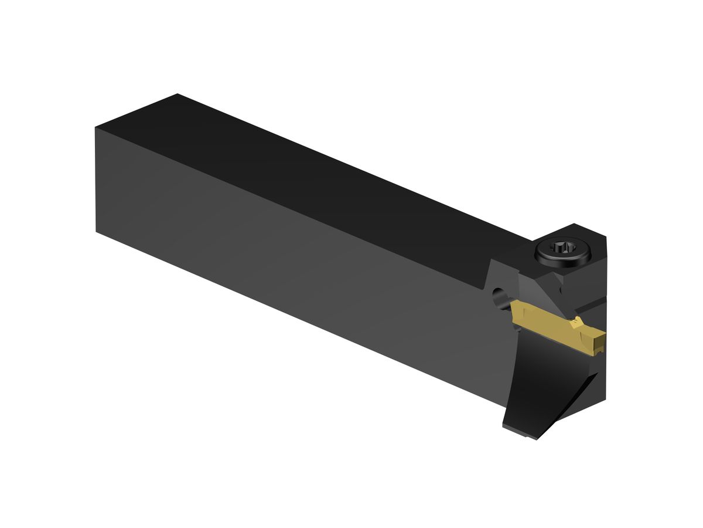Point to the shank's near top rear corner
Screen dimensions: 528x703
[96, 128]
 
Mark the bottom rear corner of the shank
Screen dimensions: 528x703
[96, 231]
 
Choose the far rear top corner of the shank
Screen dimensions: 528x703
[178, 94]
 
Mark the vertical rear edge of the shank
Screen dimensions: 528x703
[96, 180]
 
